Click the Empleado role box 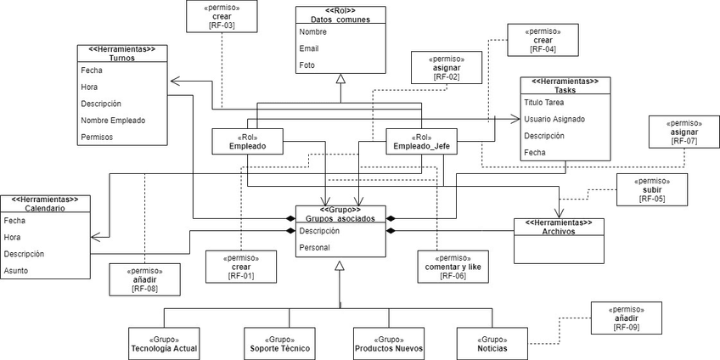click(247, 142)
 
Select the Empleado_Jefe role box click(421, 142)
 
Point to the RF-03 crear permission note click(222, 16)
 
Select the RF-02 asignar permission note click(447, 67)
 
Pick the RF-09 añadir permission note click(627, 318)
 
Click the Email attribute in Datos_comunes click(309, 48)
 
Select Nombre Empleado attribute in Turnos click(113, 120)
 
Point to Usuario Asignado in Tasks click(554, 119)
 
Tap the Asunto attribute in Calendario click(16, 270)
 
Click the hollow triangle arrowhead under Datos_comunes click(340, 79)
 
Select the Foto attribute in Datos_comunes click(307, 65)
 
